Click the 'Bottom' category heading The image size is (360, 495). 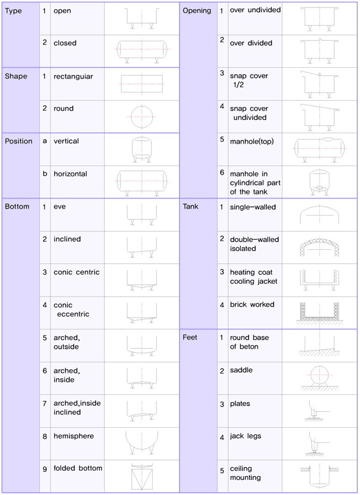coord(17,206)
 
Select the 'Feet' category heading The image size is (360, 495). coord(190,337)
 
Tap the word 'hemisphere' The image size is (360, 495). coord(74,436)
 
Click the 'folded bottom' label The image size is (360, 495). coord(77,468)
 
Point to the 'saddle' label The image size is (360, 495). coord(241,370)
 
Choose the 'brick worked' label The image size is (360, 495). coord(252,304)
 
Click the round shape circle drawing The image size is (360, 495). coord(142,117)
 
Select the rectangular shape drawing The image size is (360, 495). coord(142,84)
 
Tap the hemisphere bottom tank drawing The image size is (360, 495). coord(142,442)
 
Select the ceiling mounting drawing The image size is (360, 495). coord(319,476)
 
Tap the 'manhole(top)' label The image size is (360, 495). coord(252,141)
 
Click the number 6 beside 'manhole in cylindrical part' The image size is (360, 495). coord(222,173)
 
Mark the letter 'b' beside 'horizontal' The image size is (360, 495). coord(45,174)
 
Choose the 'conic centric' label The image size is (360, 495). coord(76,272)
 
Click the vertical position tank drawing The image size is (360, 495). coord(142,149)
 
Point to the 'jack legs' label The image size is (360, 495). coord(246,436)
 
